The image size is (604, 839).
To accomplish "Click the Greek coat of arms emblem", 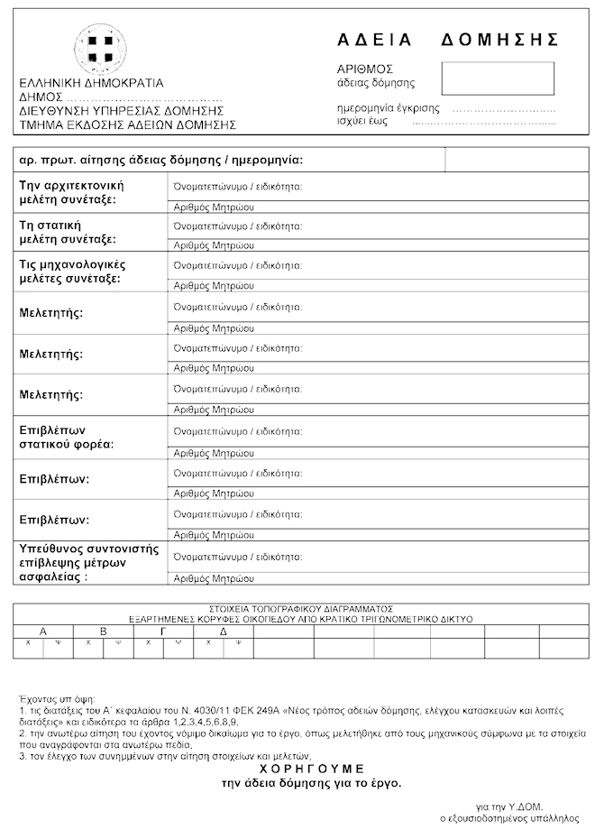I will point(100,47).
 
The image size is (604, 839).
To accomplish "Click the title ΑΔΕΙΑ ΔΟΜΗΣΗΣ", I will point(448,39).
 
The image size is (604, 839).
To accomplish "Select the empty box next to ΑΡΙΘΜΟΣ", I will point(498,78).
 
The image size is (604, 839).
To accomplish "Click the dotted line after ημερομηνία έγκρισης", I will point(504,108).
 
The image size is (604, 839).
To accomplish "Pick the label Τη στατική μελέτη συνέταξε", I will point(68,232).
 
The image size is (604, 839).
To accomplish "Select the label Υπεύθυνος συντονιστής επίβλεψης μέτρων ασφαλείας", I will point(88,562).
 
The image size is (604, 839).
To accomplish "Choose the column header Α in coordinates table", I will point(42,631).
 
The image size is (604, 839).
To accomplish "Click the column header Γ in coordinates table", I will point(163,631).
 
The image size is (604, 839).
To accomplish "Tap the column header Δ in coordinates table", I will point(224,631).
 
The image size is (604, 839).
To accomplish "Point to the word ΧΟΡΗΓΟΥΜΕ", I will point(312,768).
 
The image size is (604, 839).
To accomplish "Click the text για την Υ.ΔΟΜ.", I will point(509,806).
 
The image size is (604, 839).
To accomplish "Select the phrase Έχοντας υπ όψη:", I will point(56,699).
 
